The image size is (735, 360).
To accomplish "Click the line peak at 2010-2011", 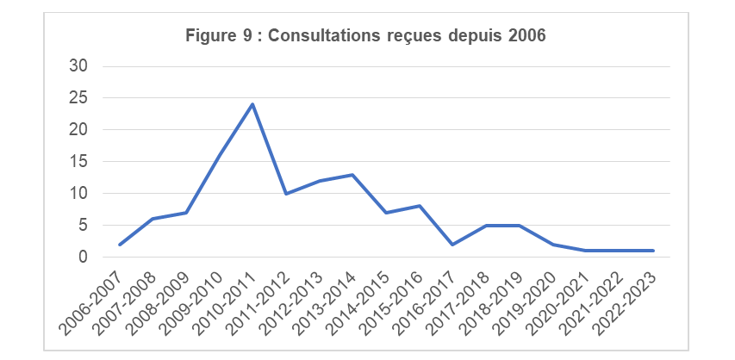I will (252, 104).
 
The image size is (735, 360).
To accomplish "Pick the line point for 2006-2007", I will (119, 245).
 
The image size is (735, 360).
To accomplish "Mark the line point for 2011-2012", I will (286, 194).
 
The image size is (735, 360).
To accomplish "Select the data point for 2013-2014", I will (353, 175).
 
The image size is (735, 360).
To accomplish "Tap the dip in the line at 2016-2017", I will (453, 245).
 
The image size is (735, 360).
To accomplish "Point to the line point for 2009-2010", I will (220, 156).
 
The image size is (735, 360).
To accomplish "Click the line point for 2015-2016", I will (420, 206).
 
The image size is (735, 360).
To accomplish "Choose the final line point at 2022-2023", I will (654, 251).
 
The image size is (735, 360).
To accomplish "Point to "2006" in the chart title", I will (527, 36).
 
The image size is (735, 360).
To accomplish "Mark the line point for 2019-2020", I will (554, 245).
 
